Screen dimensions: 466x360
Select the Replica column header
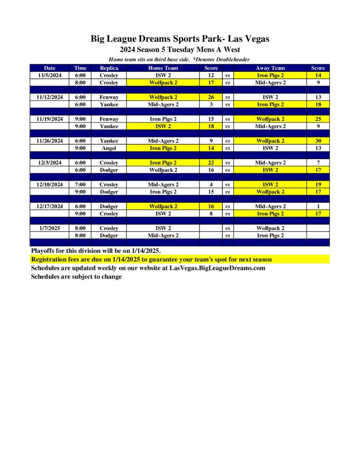(109, 68)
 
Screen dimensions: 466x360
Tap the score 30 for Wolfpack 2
(318, 141)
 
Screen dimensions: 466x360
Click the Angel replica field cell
(109, 148)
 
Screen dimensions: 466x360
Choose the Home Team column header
(163, 68)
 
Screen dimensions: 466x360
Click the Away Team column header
(270, 68)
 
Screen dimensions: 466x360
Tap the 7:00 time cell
(80, 184)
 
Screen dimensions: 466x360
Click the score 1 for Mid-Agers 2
(318, 206)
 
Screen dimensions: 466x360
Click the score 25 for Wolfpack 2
(318, 119)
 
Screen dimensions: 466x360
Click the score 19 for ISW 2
(318, 184)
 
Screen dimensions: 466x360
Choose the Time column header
(80, 68)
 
